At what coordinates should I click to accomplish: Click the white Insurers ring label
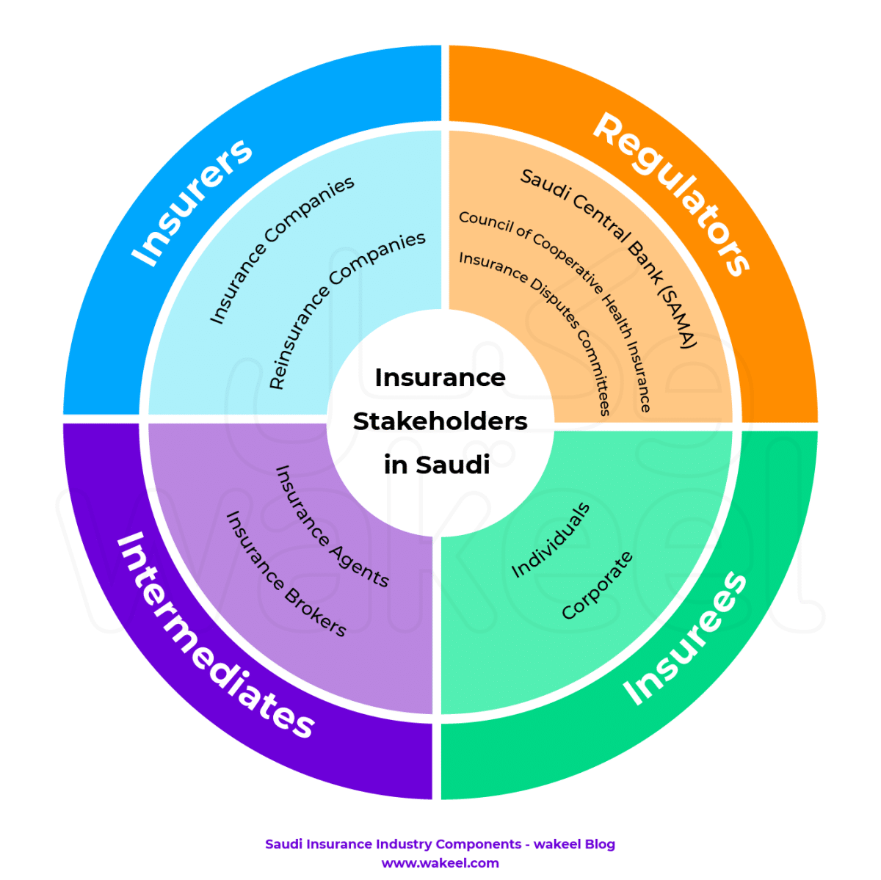tap(192, 201)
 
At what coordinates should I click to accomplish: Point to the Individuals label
tap(550, 540)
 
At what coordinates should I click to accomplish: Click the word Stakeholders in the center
tap(440, 421)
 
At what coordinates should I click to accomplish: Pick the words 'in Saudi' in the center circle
tap(437, 465)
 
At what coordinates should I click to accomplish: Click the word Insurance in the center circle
tap(440, 377)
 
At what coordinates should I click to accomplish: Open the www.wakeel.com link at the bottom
tap(440, 863)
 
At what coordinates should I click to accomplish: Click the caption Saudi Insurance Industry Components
tap(393, 844)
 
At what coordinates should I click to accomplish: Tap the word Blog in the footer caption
tap(598, 844)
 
